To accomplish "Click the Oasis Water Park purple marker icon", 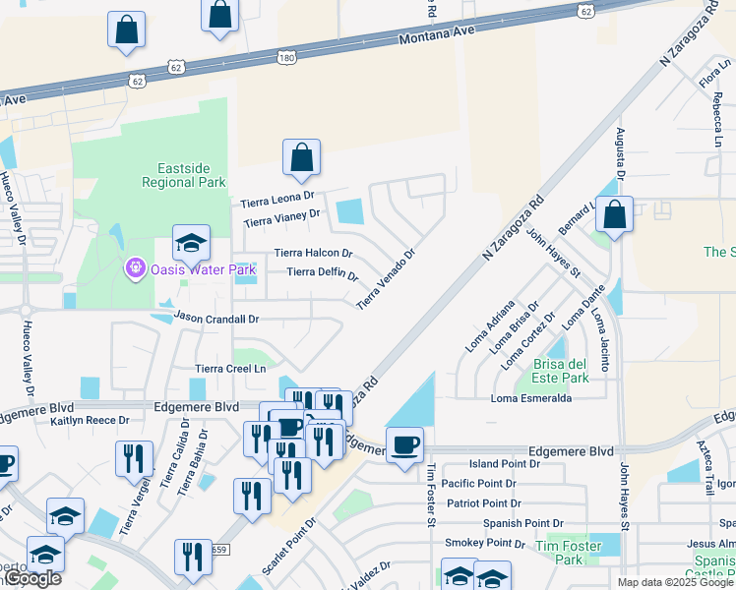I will tap(135, 267).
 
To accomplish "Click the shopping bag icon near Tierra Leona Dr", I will tap(302, 157).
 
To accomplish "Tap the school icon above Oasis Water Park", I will tap(191, 242).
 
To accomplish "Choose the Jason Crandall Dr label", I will tap(216, 319).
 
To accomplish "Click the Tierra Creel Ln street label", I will tap(231, 369).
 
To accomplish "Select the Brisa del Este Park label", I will tap(560, 371).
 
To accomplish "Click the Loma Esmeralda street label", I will tap(531, 398).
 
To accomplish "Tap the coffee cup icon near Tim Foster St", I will tap(404, 444).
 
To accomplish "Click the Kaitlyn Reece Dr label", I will tap(90, 421).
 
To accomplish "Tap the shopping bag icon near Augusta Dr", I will tap(614, 214).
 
